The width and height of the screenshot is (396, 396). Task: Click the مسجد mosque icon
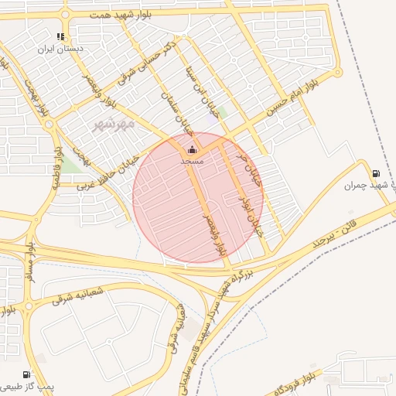click(192, 149)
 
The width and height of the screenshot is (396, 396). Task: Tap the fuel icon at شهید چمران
click(376, 174)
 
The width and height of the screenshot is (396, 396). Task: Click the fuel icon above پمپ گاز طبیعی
click(29, 374)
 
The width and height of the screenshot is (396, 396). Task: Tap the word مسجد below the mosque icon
click(192, 162)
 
